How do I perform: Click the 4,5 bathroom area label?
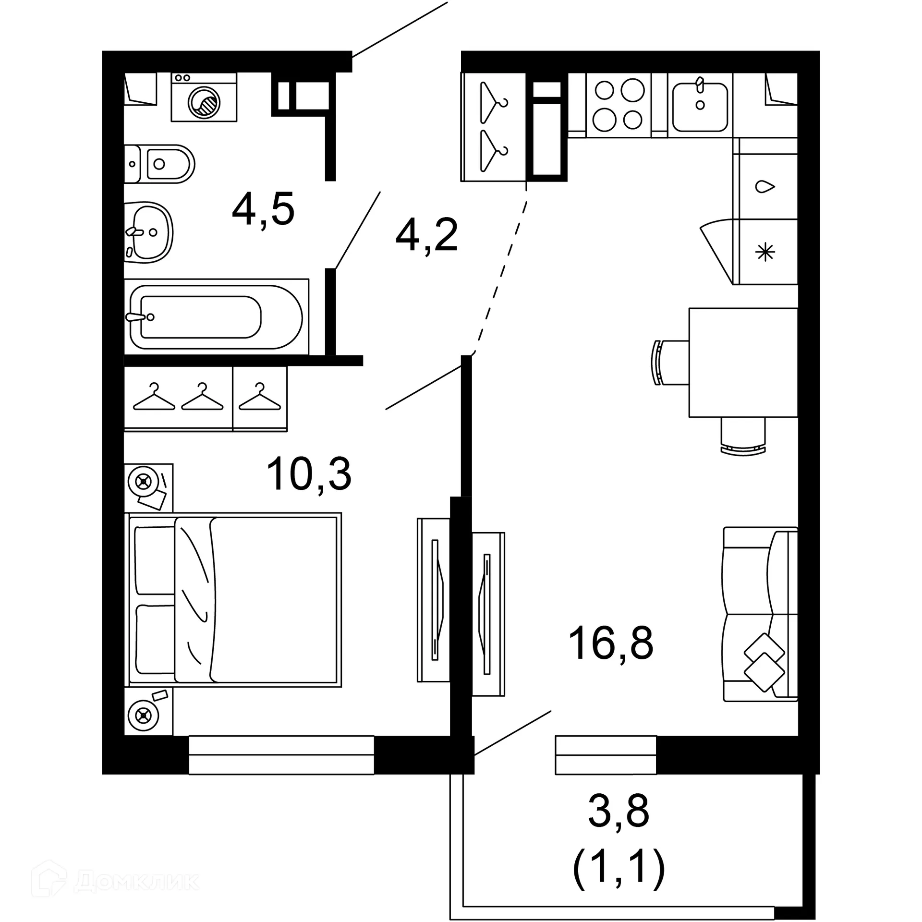[x=263, y=209]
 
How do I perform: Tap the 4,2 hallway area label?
[x=426, y=236]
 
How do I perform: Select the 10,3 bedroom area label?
[x=309, y=474]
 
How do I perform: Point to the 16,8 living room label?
[x=610, y=643]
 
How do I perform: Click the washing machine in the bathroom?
[x=204, y=97]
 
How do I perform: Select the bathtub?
[x=216, y=317]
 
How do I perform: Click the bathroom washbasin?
[x=149, y=232]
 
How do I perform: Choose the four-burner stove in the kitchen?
[x=619, y=105]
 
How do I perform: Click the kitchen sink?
[x=700, y=106]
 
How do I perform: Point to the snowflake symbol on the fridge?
[x=765, y=252]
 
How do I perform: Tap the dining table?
[x=743, y=363]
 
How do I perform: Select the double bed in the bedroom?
[x=233, y=600]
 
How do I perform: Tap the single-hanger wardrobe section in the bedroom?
[x=260, y=399]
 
